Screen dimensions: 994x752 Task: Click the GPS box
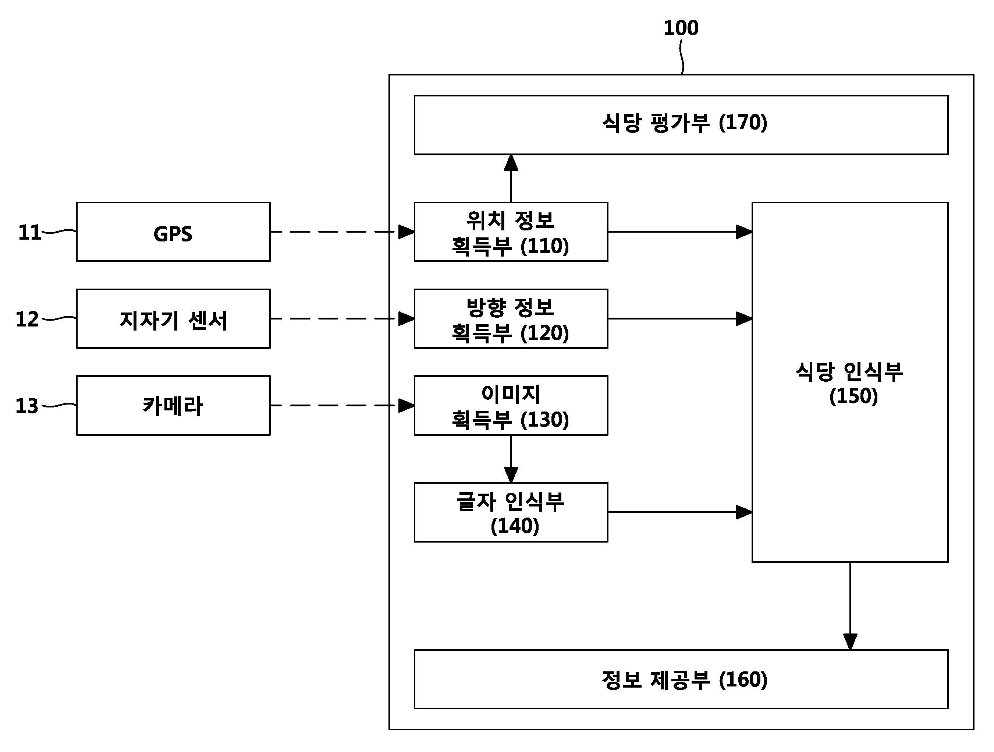174,232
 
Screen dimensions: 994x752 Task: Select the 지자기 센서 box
174,319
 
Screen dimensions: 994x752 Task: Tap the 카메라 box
174,405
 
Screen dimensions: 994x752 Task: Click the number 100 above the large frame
681,28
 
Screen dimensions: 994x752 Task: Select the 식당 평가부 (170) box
681,125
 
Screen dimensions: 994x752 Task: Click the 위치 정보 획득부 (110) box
511,232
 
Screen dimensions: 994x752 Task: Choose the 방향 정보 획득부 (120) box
511,319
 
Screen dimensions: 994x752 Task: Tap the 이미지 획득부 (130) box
511,405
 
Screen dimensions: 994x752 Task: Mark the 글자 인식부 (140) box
511,512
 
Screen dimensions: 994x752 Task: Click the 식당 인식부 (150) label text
850,384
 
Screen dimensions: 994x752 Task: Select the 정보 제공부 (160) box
681,679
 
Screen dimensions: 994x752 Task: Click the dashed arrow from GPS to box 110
342,232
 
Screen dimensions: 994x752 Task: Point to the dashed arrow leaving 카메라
342,405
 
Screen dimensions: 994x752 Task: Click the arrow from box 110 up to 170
511,179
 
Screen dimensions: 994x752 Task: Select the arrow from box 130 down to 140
511,459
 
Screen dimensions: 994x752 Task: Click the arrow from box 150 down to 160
850,606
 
